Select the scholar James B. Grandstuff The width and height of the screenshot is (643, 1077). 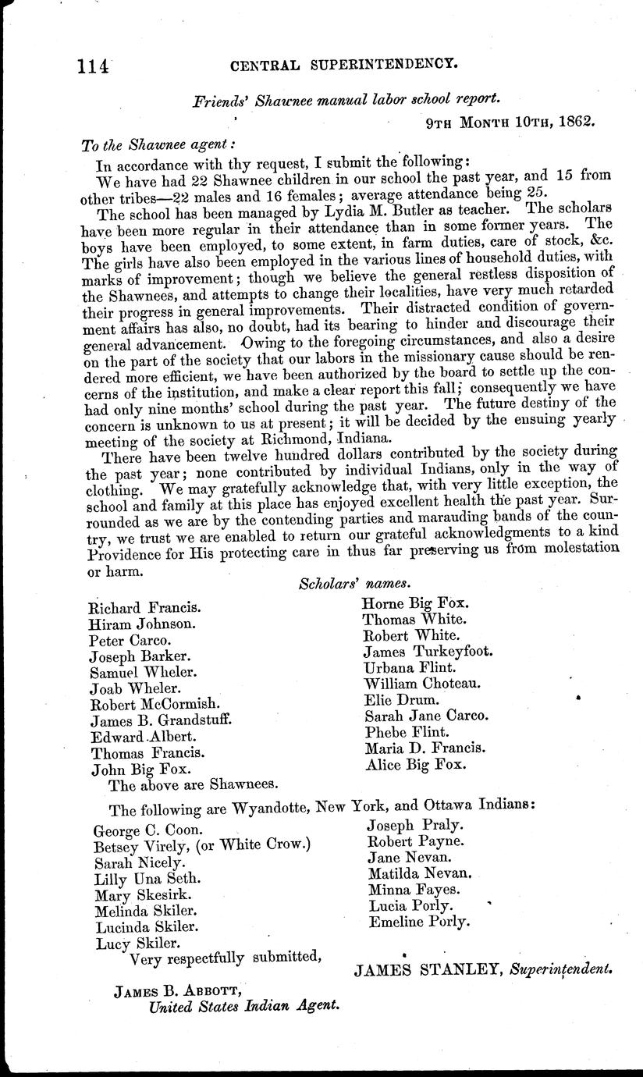(162, 720)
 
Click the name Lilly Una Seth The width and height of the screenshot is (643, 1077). (139, 878)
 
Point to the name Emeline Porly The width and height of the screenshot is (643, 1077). (419, 922)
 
